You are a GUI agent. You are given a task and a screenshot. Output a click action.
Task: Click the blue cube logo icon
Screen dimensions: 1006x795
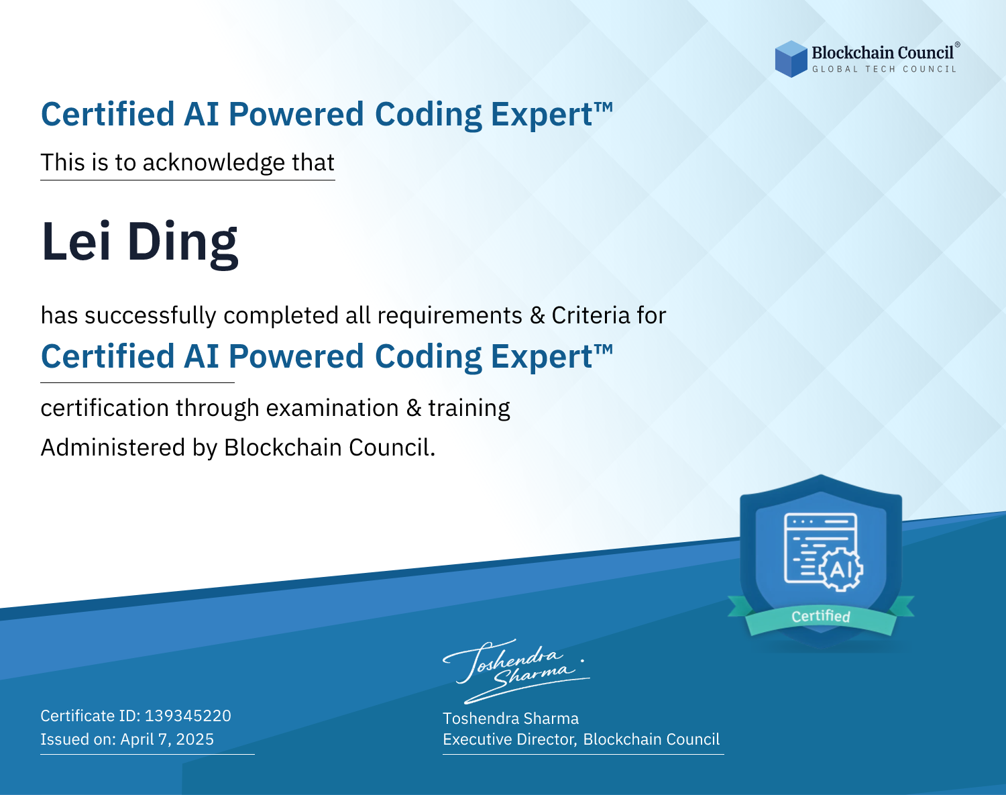791,59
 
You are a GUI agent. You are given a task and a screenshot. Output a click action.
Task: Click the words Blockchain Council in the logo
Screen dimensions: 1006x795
883,53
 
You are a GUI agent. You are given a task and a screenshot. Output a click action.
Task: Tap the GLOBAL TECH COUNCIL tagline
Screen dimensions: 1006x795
884,69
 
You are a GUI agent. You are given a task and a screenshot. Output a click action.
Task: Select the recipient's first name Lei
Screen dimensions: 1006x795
76,242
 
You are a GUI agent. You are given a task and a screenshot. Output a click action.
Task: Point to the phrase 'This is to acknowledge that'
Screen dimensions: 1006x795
188,163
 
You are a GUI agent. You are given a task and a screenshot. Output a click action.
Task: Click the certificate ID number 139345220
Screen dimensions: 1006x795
188,715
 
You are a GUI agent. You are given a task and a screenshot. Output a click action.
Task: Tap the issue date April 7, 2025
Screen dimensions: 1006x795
167,739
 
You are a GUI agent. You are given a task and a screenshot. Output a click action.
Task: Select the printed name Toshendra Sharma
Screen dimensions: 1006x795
510,719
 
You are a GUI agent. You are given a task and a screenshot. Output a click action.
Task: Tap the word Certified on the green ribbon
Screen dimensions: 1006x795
821,617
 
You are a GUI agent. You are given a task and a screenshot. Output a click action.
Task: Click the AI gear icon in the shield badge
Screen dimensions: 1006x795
841,570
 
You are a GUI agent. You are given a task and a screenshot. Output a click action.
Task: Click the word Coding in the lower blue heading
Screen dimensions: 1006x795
428,357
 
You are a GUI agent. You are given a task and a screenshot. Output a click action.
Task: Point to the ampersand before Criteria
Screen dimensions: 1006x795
537,316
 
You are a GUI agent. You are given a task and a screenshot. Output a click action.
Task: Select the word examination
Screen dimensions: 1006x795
333,408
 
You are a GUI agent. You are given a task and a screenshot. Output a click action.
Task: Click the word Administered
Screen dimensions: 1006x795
113,447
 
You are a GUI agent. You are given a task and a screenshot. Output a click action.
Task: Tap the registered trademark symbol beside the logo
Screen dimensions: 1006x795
958,44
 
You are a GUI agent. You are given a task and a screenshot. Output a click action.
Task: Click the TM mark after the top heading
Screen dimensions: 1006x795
604,107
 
